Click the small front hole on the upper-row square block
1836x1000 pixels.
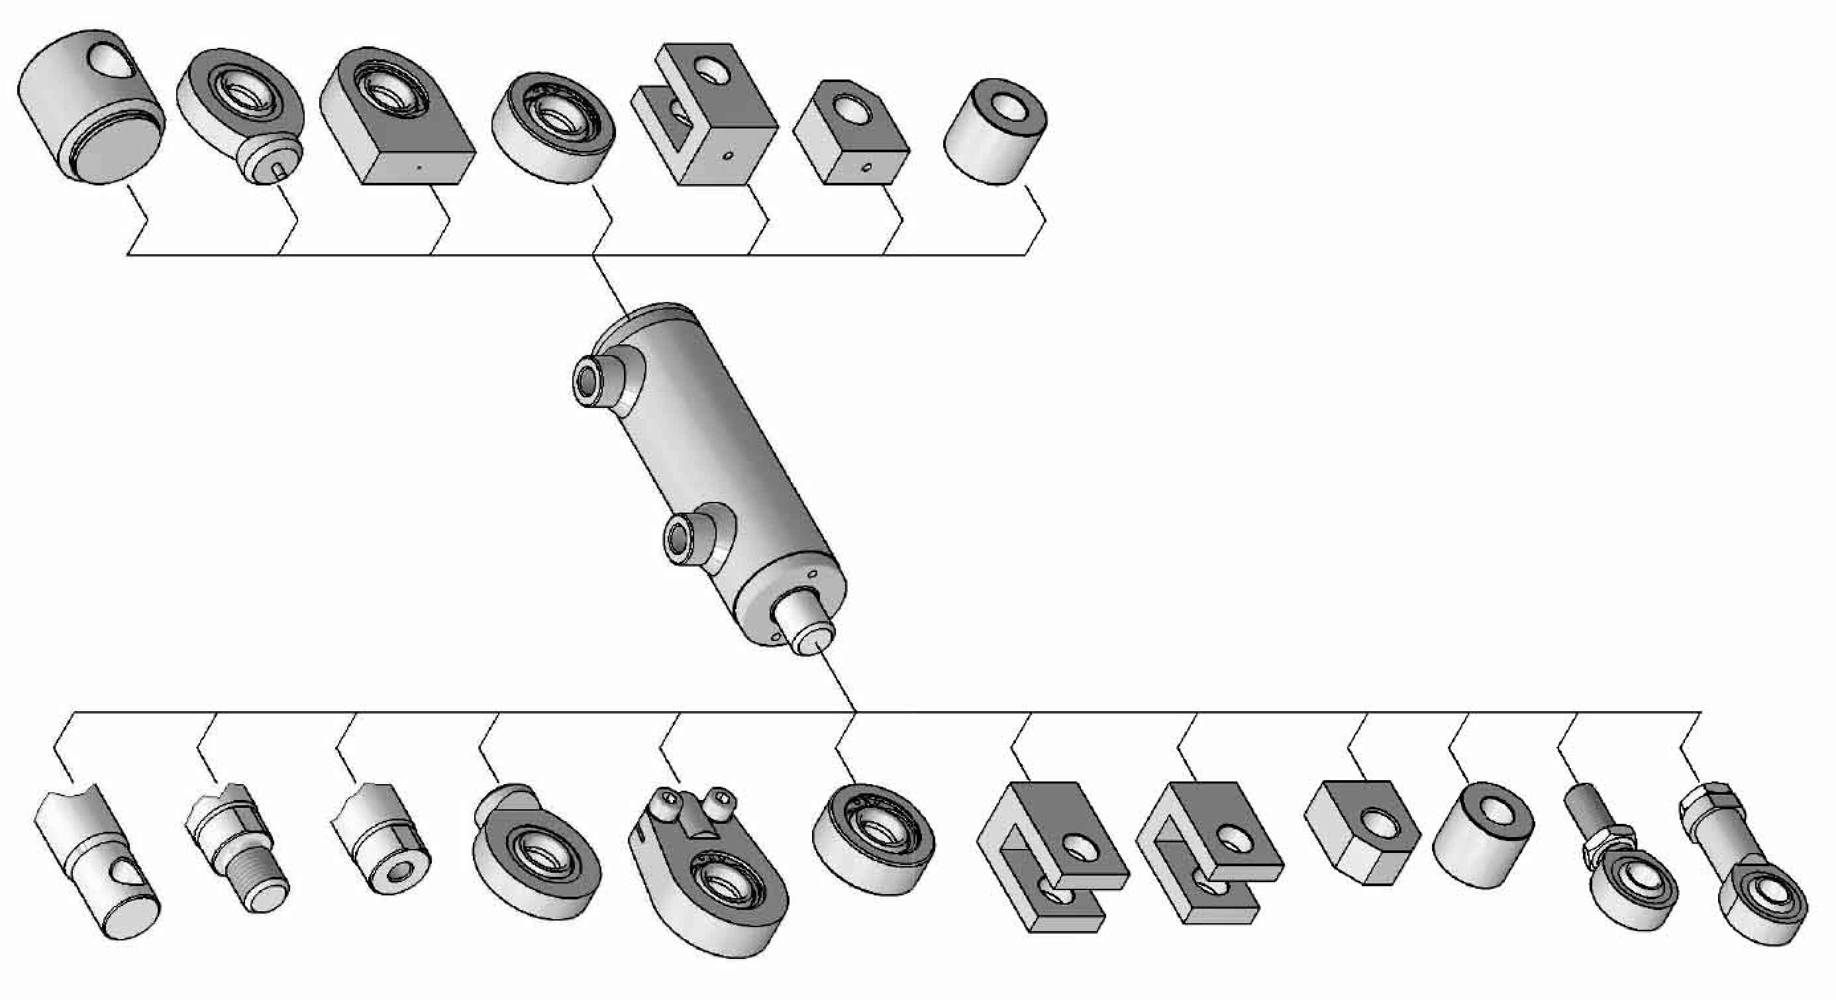click(x=866, y=168)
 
